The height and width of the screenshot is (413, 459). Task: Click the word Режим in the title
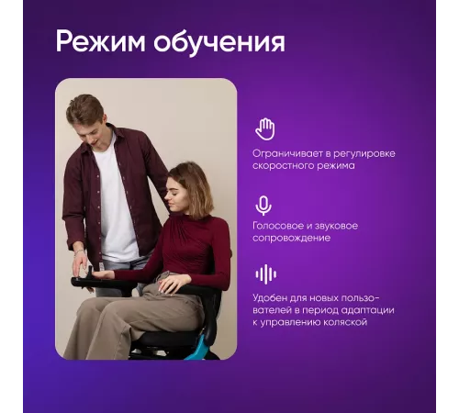point(101,42)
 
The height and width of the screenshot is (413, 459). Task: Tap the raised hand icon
point(265,129)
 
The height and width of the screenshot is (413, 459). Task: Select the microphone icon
point(263,206)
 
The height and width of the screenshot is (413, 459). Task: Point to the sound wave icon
point(266,274)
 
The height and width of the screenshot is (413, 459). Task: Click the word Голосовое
point(277,226)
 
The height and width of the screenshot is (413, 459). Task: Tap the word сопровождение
point(292,239)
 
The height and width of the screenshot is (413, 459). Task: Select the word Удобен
point(270,298)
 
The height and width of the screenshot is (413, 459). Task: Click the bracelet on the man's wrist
point(80,251)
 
